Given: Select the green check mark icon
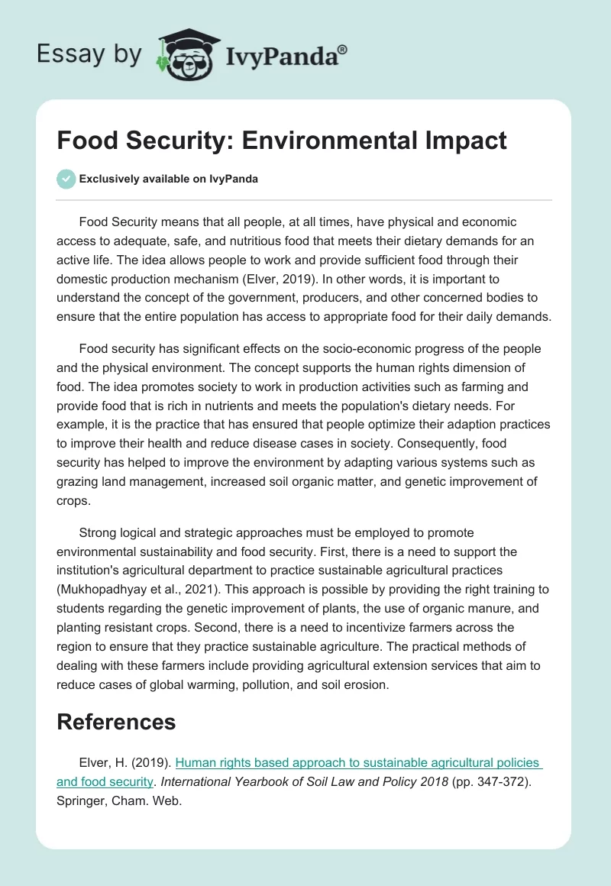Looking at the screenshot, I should pos(66,179).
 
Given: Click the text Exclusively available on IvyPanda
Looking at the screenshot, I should pos(169,179).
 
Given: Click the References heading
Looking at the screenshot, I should pos(116,722).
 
